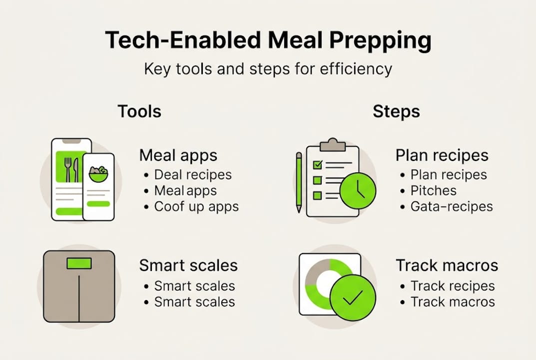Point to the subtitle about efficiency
[x=268, y=68]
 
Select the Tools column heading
[x=139, y=111]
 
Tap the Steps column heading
[x=396, y=111]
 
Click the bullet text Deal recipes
[x=193, y=174]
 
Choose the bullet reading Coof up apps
[x=196, y=206]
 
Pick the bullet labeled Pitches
[x=434, y=190]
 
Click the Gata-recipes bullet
[x=452, y=206]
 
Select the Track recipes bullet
[x=453, y=286]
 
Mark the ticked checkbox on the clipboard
[x=317, y=164]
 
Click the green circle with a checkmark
[x=353, y=298]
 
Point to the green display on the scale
[x=79, y=263]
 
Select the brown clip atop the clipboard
[x=332, y=145]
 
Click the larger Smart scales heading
[x=188, y=265]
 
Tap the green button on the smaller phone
[x=98, y=204]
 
